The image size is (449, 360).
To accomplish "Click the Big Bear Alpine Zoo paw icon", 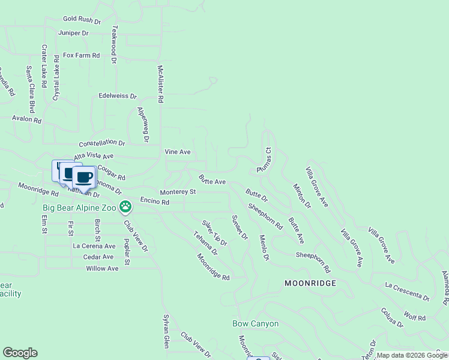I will (x=125, y=208).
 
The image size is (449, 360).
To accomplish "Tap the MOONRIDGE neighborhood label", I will (x=310, y=283).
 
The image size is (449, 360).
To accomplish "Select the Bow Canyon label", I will (x=255, y=323).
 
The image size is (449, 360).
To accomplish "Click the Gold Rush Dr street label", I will (x=83, y=19).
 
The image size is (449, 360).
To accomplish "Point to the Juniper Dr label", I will (x=74, y=33).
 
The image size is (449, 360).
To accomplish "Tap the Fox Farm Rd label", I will (x=81, y=55).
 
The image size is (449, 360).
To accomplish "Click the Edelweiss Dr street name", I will (x=118, y=96).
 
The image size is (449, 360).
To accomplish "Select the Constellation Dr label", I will (x=102, y=143).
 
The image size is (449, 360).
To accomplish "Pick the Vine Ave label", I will (x=178, y=152).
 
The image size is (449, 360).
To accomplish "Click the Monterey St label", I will (x=178, y=192).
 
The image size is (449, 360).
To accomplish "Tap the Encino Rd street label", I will (x=154, y=202).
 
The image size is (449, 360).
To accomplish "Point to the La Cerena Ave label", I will (x=94, y=246).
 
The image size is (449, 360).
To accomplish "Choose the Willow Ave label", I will (x=102, y=268).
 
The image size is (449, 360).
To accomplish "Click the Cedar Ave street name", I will (x=98, y=257).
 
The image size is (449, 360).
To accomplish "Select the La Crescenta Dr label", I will (x=408, y=290).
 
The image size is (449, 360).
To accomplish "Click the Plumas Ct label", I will (x=264, y=160).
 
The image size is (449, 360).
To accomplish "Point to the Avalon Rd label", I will (x=26, y=119).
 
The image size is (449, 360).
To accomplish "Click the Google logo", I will (x=20, y=353).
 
